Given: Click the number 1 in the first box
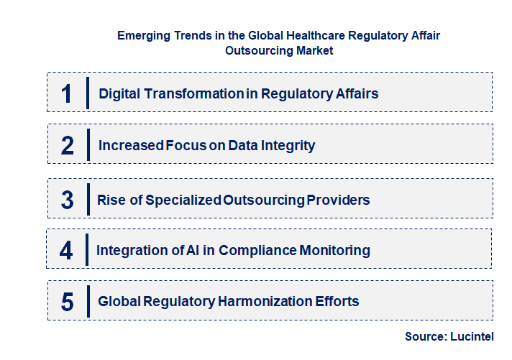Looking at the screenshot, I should [x=67, y=93].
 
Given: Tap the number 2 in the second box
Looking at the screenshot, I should [x=68, y=146].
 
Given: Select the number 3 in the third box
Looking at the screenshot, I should [x=68, y=200].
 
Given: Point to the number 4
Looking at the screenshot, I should [x=67, y=250].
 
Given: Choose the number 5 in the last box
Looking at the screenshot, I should [x=68, y=302].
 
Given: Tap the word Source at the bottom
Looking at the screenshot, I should [x=424, y=336].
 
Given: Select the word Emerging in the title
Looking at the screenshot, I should [x=142, y=35].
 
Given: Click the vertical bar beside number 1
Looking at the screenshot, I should [x=87, y=93].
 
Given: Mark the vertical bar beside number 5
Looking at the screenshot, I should [x=87, y=300].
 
